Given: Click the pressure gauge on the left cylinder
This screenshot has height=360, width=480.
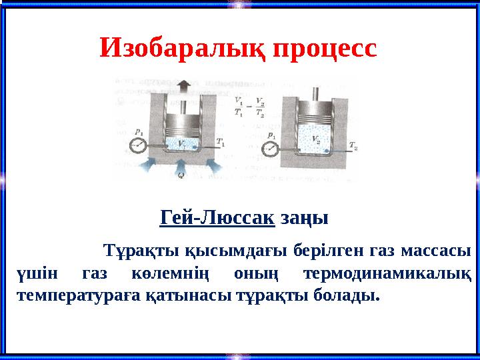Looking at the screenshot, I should point(137,145).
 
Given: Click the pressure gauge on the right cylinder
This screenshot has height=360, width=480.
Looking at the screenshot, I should point(269,147).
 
